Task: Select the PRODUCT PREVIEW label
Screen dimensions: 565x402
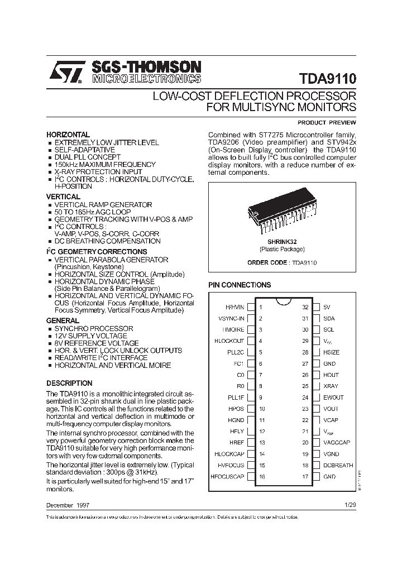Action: click(x=327, y=122)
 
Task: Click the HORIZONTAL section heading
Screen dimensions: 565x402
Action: click(x=68, y=135)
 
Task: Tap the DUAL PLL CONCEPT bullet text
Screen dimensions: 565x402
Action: click(x=87, y=157)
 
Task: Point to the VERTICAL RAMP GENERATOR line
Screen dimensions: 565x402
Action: click(x=103, y=205)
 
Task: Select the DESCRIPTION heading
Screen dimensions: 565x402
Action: click(x=69, y=384)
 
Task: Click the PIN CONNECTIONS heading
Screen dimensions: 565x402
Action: click(x=240, y=285)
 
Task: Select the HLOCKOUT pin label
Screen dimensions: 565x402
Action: click(x=229, y=341)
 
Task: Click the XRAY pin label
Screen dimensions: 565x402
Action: click(x=330, y=386)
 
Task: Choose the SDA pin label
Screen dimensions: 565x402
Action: click(x=329, y=318)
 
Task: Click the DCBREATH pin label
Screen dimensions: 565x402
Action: click(x=338, y=465)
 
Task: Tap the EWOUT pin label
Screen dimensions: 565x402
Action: click(x=333, y=398)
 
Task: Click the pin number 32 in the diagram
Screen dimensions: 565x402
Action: click(x=305, y=307)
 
